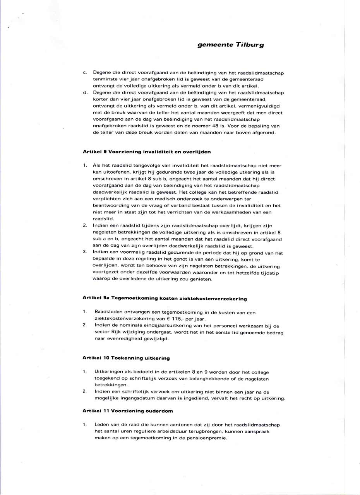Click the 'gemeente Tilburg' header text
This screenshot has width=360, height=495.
pyautogui.click(x=231, y=44)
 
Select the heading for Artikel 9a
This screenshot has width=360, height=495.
pyautogui.click(x=165, y=299)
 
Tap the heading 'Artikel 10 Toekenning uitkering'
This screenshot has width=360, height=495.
pyautogui.click(x=126, y=358)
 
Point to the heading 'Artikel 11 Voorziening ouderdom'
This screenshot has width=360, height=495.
pyautogui.click(x=127, y=410)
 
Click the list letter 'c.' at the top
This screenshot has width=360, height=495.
pyautogui.click(x=85, y=72)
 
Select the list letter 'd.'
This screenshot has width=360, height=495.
pyautogui.click(x=85, y=92)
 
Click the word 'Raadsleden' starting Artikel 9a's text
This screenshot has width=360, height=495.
pyautogui.click(x=107, y=312)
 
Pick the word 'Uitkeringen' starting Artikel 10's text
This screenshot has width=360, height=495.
pyautogui.click(x=109, y=372)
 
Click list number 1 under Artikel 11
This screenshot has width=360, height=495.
pyautogui.click(x=84, y=425)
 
